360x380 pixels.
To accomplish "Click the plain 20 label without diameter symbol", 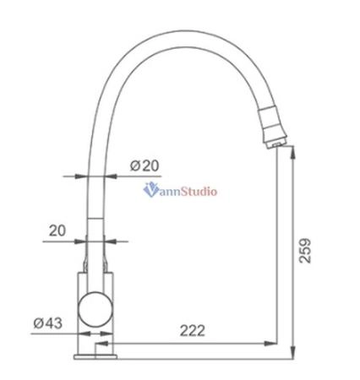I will click(57, 229).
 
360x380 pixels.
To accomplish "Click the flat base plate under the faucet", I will click(95, 353).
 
